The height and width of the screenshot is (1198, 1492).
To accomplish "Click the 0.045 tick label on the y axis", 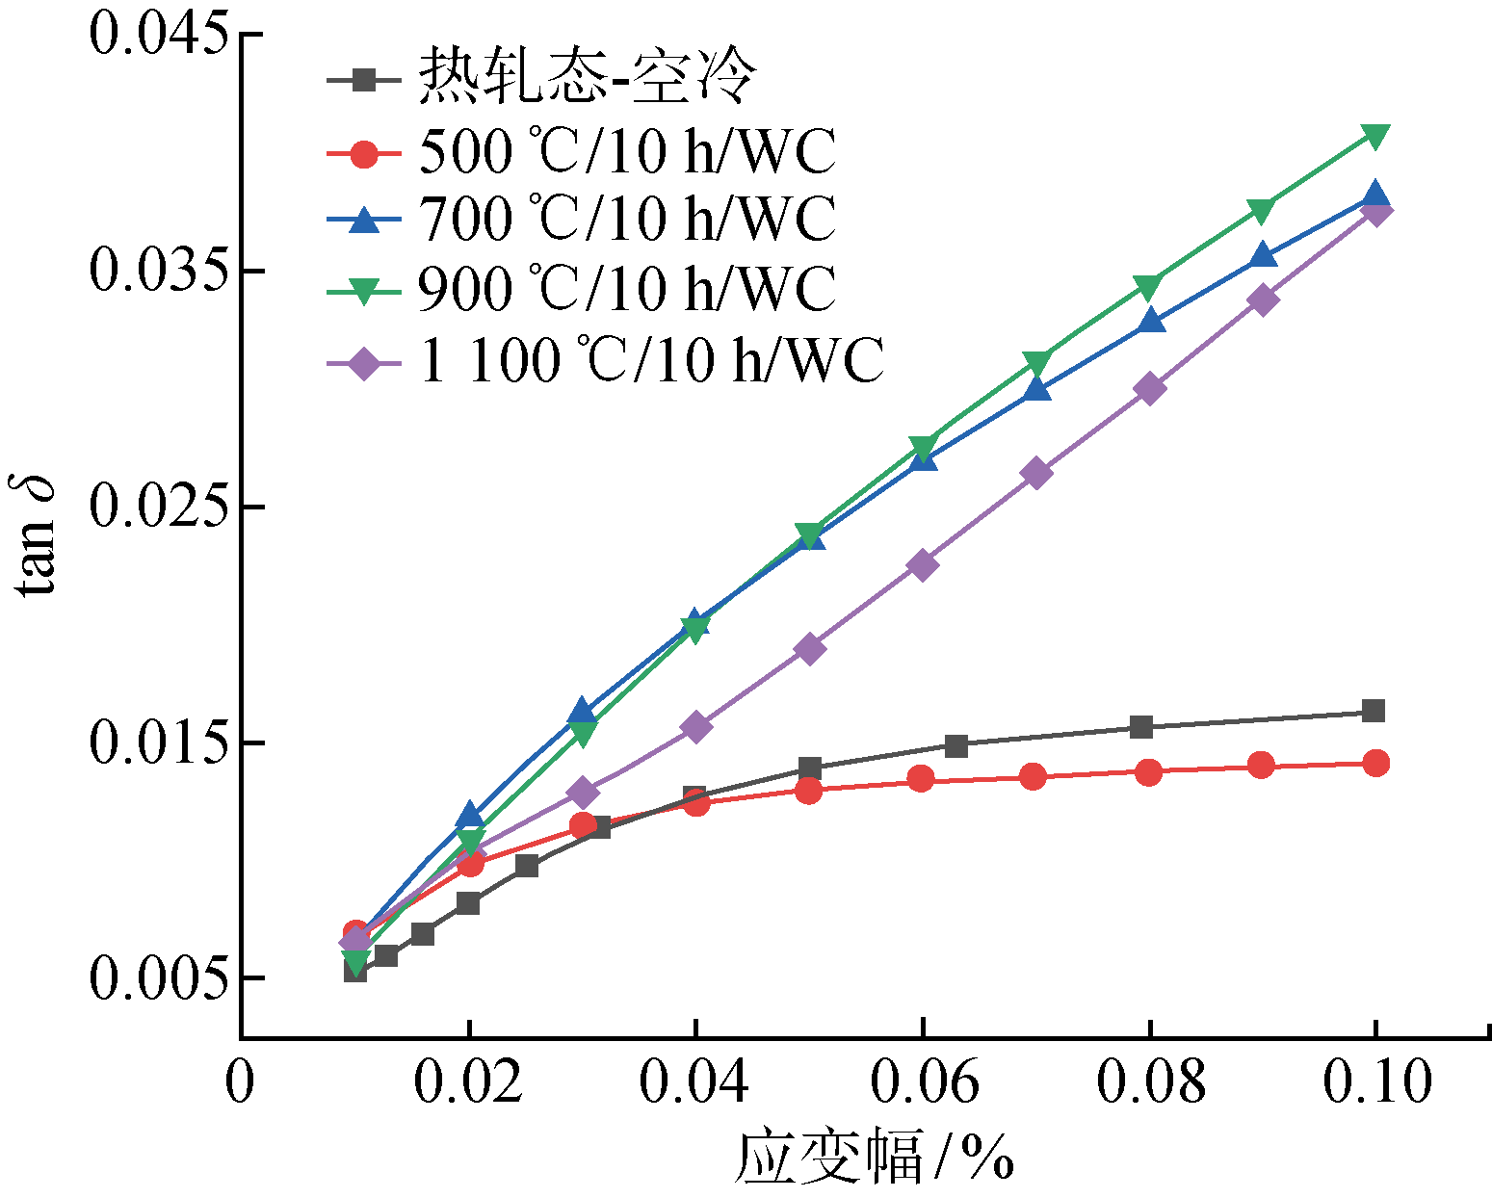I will [160, 35].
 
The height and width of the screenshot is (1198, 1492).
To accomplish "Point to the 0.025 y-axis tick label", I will [160, 507].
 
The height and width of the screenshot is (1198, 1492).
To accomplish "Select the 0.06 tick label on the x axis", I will [924, 1081].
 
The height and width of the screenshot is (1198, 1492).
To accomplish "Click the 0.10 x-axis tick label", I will [1376, 1081].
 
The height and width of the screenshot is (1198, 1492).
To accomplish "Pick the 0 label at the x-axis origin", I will [240, 1081].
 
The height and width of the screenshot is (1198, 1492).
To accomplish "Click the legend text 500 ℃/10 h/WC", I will [627, 151].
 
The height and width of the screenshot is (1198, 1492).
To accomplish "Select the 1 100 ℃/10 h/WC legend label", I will [651, 361].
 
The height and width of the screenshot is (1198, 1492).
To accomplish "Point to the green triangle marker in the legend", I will [364, 291].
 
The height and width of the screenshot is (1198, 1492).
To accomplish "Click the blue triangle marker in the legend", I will [364, 220].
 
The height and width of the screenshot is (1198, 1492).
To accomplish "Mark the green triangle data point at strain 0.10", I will [1375, 137].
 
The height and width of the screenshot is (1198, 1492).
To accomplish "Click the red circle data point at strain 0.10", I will [1375, 764].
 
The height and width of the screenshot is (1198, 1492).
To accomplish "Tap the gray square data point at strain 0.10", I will [1374, 711].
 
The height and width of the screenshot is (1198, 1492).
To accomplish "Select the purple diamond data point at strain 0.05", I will [810, 648].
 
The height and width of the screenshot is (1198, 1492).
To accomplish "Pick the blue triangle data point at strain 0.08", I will [1150, 320].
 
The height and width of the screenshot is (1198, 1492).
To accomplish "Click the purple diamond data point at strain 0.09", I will [1263, 299].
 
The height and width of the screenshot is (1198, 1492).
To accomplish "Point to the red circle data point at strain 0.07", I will [1033, 776].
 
